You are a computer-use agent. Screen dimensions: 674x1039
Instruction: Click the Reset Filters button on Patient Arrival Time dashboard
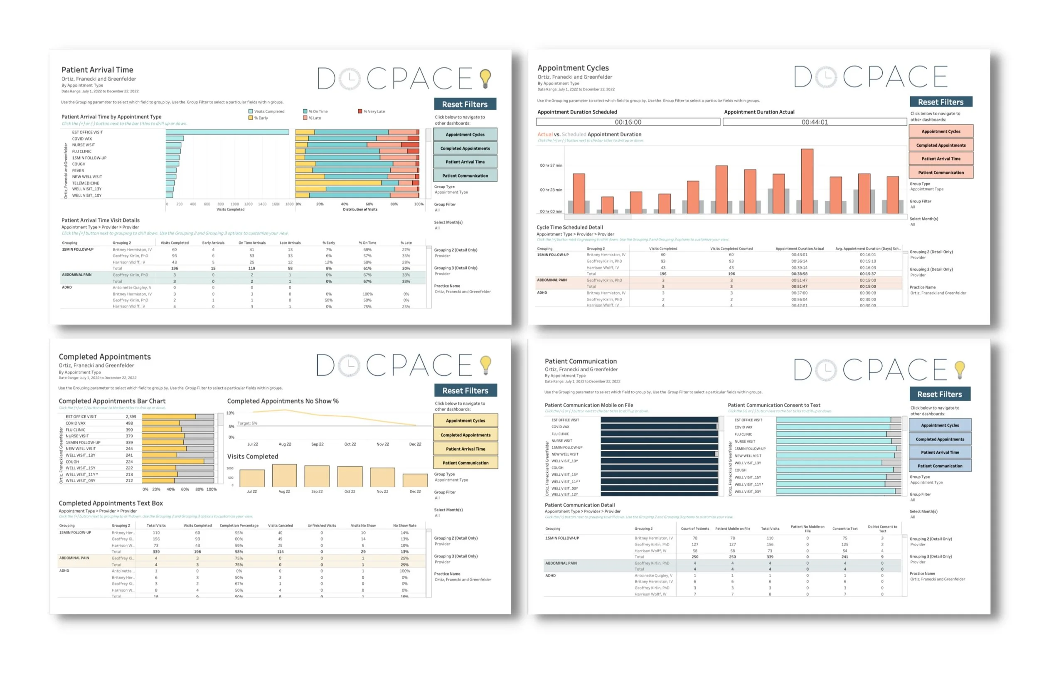tap(465, 104)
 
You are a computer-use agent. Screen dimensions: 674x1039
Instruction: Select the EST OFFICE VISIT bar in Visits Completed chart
tap(227, 132)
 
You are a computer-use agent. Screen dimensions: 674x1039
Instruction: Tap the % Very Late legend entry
tap(372, 111)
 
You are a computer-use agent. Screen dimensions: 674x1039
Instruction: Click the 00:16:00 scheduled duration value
tap(628, 122)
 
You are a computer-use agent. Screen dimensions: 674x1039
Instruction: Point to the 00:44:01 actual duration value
tap(814, 122)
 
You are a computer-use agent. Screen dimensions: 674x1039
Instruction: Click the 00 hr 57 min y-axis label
tap(551, 165)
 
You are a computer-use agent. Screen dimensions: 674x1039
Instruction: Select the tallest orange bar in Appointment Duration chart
tap(807, 181)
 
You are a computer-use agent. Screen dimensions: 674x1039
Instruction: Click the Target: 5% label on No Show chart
tap(247, 423)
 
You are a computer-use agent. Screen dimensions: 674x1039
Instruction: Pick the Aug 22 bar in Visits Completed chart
tap(284, 475)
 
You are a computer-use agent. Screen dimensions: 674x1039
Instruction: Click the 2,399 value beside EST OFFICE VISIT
tap(130, 417)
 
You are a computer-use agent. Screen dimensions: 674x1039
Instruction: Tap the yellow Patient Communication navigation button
tap(465, 463)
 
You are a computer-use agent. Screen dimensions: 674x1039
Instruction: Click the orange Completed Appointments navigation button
tap(941, 145)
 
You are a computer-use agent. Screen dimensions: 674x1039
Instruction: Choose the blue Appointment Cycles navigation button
tap(940, 425)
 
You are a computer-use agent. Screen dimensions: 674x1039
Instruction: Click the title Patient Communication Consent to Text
tap(773, 405)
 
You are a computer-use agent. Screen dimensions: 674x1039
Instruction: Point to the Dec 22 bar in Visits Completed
tap(415, 480)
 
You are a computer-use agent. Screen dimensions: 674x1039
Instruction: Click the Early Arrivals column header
tap(213, 243)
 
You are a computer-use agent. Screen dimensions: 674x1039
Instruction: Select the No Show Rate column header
tap(404, 526)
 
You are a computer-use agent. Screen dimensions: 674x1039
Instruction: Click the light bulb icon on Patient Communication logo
tap(960, 369)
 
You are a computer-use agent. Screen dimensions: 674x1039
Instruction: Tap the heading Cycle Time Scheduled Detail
tap(569, 227)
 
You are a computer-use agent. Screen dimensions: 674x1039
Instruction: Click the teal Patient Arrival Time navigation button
tap(465, 162)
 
